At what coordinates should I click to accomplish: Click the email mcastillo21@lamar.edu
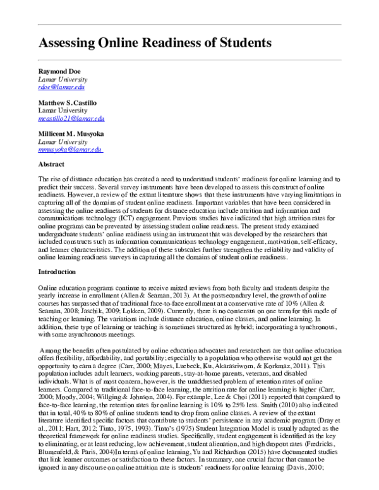coord(71,118)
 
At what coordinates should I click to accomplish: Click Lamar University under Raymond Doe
coord(63,80)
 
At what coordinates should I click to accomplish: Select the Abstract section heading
coord(52,164)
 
